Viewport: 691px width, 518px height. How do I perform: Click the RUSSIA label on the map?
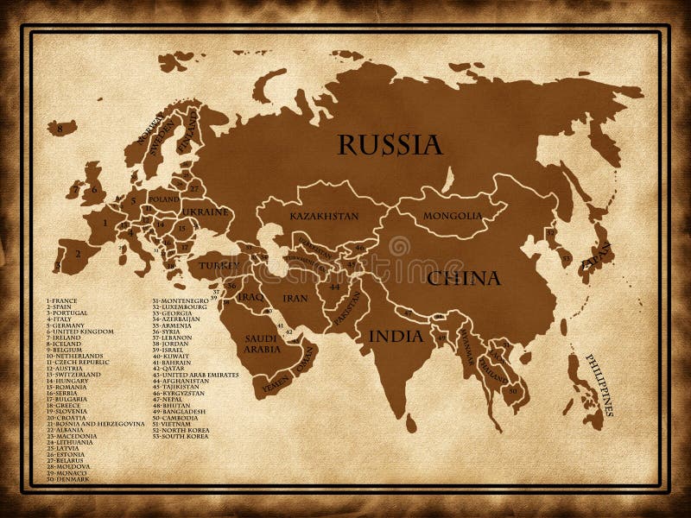click(x=390, y=144)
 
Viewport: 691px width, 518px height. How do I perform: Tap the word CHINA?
click(x=462, y=278)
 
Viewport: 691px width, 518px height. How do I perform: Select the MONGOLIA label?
click(x=453, y=216)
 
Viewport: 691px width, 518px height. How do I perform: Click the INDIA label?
click(x=396, y=336)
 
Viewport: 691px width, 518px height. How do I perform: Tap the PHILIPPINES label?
click(x=599, y=384)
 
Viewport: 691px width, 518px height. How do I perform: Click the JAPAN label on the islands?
click(x=597, y=256)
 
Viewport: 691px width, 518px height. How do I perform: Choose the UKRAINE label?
click(x=206, y=212)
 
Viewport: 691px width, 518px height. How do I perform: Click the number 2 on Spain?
click(x=77, y=254)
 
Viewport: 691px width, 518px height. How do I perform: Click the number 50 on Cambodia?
click(x=513, y=391)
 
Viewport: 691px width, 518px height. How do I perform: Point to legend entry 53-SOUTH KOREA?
click(x=181, y=436)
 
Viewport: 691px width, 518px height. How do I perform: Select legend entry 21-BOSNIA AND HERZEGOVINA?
click(x=96, y=424)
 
